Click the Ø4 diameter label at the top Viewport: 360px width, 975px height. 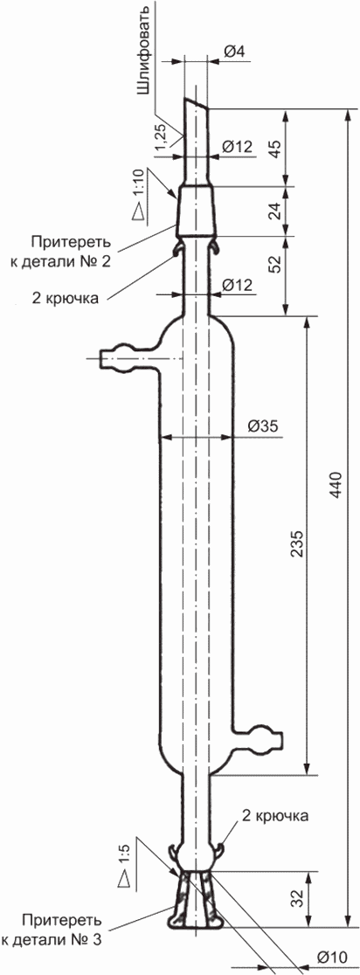(234, 52)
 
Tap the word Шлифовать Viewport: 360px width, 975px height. (143, 51)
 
